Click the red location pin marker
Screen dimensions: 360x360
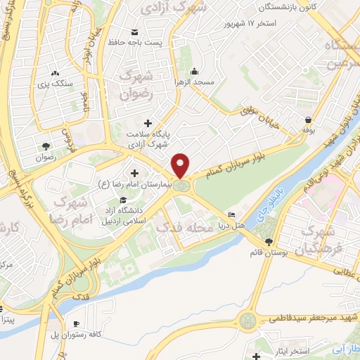181,166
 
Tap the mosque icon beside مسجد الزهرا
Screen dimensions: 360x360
194,70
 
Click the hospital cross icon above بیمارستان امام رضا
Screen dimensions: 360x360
134,173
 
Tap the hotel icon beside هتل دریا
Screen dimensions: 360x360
232,214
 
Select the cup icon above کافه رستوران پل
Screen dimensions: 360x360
75,323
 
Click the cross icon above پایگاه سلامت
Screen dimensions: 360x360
148,123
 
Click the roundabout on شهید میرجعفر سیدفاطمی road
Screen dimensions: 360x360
248,321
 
